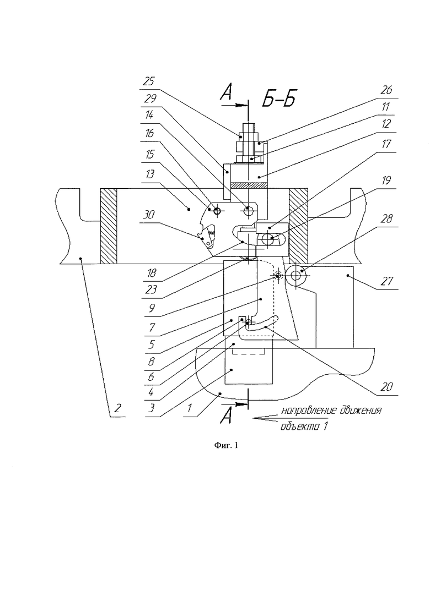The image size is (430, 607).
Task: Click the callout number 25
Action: (x=149, y=81)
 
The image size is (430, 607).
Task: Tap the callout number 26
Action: (x=386, y=90)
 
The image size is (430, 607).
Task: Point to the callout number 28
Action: (x=386, y=218)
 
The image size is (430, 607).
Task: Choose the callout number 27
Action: (x=386, y=280)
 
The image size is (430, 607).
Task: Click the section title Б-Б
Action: (x=279, y=99)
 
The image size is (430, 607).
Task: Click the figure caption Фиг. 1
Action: (x=226, y=446)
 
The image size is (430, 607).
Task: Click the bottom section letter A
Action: (x=226, y=416)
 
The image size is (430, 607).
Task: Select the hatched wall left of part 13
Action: (x=109, y=226)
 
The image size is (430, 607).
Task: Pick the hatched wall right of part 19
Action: (x=298, y=226)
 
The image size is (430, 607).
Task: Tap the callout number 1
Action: (x=190, y=407)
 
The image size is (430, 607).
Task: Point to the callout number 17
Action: (x=386, y=144)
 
